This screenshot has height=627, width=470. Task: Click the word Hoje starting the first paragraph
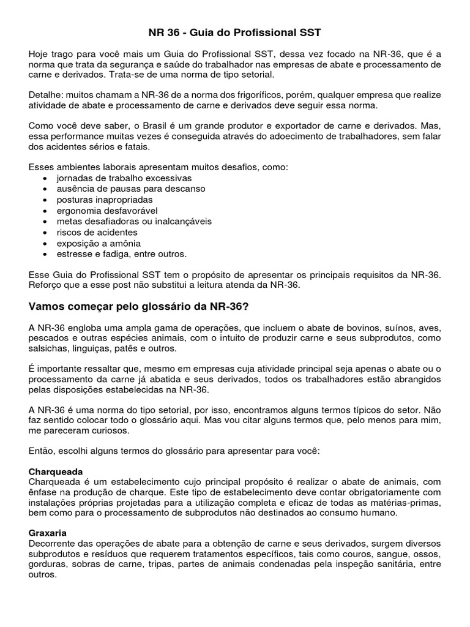click(x=40, y=54)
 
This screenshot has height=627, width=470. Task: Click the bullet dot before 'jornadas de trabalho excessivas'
click(x=47, y=178)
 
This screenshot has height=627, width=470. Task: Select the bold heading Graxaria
click(x=48, y=533)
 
